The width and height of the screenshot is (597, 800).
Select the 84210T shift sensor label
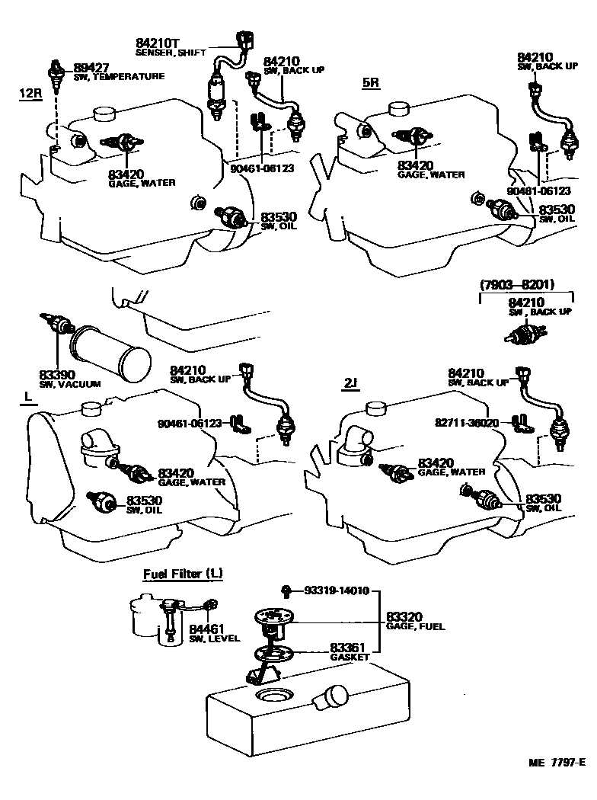158,43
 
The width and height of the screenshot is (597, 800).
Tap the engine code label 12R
30,94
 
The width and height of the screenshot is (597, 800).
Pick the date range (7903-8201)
516,285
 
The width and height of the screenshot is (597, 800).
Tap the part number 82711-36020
467,422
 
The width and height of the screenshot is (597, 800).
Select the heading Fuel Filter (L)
183,574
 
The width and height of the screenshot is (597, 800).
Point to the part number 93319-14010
337,590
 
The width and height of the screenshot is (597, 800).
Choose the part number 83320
405,616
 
